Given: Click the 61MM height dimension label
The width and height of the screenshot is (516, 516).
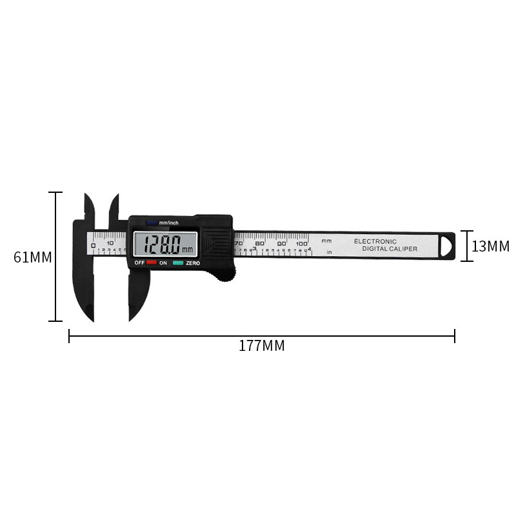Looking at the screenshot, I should click(32, 257).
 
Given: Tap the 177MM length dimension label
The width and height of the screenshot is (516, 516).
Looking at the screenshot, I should click(261, 346).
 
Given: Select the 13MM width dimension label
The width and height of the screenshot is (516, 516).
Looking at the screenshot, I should click(490, 246).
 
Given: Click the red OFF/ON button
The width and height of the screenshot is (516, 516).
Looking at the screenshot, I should click(152, 263).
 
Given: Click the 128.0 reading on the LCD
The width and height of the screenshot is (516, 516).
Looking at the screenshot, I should click(162, 245).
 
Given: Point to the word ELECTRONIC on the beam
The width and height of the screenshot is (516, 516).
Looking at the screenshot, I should click(375, 241).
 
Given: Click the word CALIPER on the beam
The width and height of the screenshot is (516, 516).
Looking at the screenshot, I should click(402, 249).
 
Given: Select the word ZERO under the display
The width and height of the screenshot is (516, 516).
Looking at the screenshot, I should click(192, 263).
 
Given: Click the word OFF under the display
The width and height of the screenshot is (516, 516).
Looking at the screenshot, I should click(139, 263).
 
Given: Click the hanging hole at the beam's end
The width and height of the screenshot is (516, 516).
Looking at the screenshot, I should click(448, 246).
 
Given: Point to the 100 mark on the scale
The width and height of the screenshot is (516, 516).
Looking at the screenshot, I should click(302, 243).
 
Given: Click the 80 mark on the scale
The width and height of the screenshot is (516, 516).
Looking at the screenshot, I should click(260, 243).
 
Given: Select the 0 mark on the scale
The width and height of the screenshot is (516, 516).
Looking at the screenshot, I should click(94, 245).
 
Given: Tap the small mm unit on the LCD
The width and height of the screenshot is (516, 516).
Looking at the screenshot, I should click(188, 250).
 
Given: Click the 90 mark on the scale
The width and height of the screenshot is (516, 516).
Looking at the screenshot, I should click(281, 243).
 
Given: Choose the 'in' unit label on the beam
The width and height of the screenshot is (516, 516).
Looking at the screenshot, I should click(329, 252).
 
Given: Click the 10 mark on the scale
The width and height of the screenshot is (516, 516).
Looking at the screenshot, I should click(110, 244).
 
